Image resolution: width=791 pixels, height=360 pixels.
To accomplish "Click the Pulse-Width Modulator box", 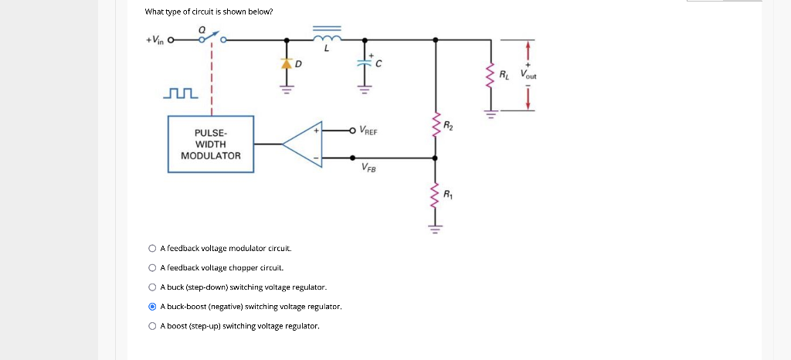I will coord(211,144).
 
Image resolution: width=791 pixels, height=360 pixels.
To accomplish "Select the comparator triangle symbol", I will coord(305,144).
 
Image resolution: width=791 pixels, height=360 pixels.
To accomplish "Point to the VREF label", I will coord(368,131).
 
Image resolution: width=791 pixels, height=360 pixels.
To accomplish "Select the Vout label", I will coord(528,76).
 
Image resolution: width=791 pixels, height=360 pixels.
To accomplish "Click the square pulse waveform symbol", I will coord(182,94).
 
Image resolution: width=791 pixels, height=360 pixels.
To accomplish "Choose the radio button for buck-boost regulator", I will coord(152,307).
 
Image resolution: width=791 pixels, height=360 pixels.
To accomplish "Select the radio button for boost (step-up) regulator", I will coord(152,326).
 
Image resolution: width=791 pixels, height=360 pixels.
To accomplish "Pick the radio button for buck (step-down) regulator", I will coord(152,287).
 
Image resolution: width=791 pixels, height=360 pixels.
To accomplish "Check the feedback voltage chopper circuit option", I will coord(152,268).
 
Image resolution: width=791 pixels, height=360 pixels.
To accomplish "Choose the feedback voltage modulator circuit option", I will coord(152,249).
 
